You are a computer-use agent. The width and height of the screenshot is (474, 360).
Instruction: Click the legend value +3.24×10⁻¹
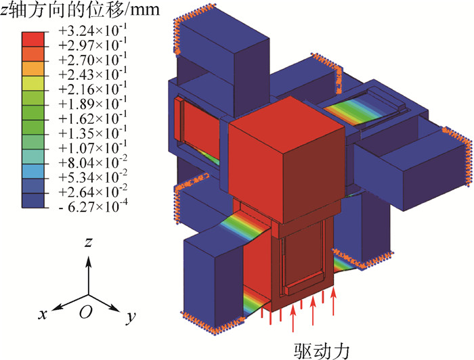point(93,30)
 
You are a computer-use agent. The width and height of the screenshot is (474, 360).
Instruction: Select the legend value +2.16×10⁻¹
point(93,89)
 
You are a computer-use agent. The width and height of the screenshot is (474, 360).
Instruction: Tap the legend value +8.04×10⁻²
point(93,163)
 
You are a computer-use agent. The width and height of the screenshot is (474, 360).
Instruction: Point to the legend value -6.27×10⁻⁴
point(93,207)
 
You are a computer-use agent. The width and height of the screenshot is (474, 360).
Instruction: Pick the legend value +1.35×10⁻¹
point(93,133)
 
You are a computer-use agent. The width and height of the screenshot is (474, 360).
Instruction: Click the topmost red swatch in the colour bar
point(33,39)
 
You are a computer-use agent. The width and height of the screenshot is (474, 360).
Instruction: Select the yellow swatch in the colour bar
point(33,83)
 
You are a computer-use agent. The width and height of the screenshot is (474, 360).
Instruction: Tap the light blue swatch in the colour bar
point(33,172)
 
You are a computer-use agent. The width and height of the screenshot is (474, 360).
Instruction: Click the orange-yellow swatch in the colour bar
point(33,68)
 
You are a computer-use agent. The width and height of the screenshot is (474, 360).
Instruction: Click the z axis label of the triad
point(88,242)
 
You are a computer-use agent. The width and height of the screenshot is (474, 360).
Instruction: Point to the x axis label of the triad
point(43,314)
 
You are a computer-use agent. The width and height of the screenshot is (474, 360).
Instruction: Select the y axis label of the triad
point(131,317)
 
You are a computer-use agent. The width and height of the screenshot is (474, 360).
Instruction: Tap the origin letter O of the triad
point(86,312)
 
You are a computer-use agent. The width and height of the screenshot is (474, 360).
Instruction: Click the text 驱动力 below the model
point(322,351)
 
